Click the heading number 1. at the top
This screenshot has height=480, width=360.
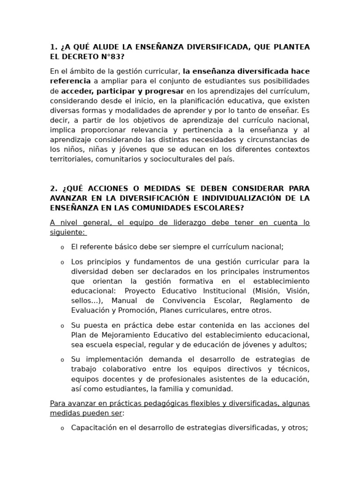[x=53, y=47]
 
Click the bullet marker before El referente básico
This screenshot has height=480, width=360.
[x=62, y=247]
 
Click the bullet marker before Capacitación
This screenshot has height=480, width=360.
[x=62, y=428]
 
